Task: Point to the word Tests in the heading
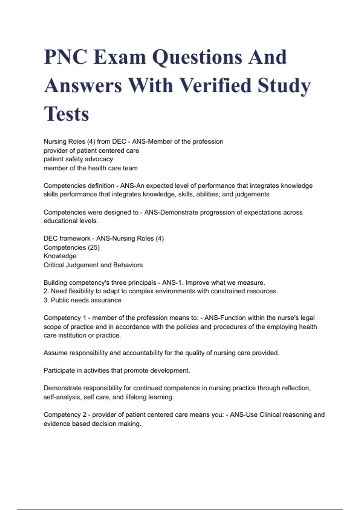(x=67, y=114)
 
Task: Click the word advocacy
(x=98, y=159)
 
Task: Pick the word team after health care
(x=130, y=168)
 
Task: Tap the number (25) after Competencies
(x=94, y=247)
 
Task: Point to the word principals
(x=143, y=283)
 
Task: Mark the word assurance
(x=107, y=300)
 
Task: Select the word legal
(x=307, y=318)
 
